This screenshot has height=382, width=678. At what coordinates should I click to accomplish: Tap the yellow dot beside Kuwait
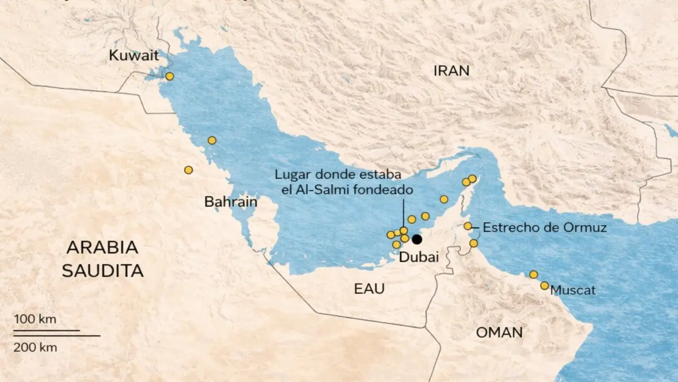[x=169, y=76]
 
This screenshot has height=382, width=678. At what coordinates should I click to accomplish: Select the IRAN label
[x=451, y=71]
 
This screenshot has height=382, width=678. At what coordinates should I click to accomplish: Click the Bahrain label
[x=230, y=202]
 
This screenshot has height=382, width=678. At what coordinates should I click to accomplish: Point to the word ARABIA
[x=102, y=247]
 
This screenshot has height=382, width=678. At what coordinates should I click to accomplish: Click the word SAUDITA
[x=102, y=271]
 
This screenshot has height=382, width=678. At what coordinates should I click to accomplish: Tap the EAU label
[x=369, y=289]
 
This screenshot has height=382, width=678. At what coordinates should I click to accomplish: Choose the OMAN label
[x=499, y=333]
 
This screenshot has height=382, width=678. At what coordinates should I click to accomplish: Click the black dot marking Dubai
[x=417, y=239]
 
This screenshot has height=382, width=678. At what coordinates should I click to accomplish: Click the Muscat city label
[x=573, y=290]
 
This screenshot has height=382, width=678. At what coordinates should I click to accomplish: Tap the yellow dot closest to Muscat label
[x=545, y=285]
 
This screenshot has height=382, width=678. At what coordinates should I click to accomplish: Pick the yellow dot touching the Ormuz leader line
[x=468, y=226]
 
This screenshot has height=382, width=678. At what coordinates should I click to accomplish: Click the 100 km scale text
[x=35, y=319]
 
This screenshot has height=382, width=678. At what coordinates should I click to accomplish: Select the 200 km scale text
[x=35, y=348]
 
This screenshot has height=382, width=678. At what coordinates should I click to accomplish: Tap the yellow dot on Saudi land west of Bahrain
[x=188, y=170]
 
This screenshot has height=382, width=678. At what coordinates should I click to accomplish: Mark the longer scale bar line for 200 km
[x=57, y=336]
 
